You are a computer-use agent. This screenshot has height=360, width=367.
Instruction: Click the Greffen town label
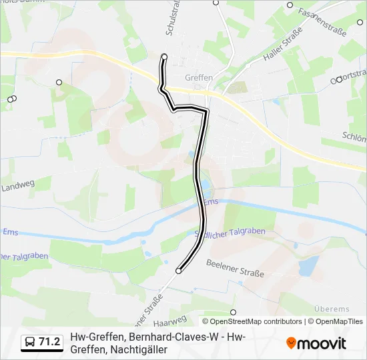tap(198, 78)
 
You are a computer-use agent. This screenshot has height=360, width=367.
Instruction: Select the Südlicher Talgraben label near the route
tap(230, 232)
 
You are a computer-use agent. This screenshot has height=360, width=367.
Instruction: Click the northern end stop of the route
tap(164, 57)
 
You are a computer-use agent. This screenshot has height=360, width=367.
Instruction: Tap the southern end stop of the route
tap(178, 271)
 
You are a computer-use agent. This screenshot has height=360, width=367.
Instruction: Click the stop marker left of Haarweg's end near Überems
tap(233, 311)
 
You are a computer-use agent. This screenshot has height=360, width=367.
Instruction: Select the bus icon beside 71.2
tap(29, 343)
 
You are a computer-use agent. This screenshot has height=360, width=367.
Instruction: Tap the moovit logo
tap(316, 343)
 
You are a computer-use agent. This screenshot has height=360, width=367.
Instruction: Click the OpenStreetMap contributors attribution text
tap(256, 321)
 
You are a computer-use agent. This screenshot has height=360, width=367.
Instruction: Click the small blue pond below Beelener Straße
tap(309, 267)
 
